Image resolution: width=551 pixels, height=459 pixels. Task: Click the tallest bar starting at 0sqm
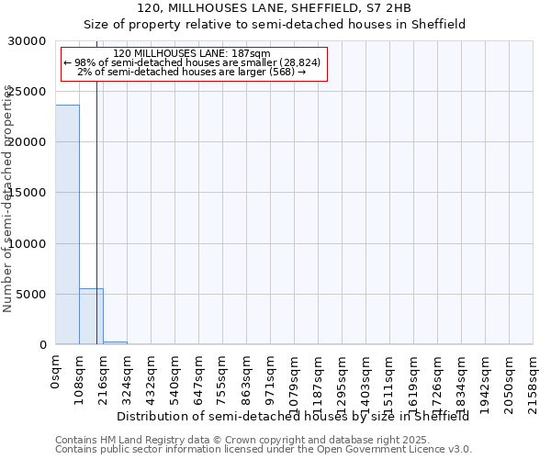coord(67,225)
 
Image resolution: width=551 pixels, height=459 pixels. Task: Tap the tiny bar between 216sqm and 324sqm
coord(115,342)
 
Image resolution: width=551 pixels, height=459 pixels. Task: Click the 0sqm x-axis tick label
coord(56,372)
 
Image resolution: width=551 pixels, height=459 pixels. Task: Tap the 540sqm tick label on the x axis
coord(175,375)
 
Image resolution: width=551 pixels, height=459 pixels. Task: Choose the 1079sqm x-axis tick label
coord(295,378)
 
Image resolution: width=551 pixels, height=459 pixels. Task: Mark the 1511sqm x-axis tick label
coord(390,378)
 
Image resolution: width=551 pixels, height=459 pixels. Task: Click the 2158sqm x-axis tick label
coord(534,378)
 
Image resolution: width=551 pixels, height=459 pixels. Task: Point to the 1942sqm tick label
coord(486,378)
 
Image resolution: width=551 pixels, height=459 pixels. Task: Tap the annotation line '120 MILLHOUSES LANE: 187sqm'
coord(192,54)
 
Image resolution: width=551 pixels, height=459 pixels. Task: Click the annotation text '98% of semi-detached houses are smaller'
coord(192,62)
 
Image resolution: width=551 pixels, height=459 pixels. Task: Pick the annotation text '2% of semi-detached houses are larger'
coord(192,72)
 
